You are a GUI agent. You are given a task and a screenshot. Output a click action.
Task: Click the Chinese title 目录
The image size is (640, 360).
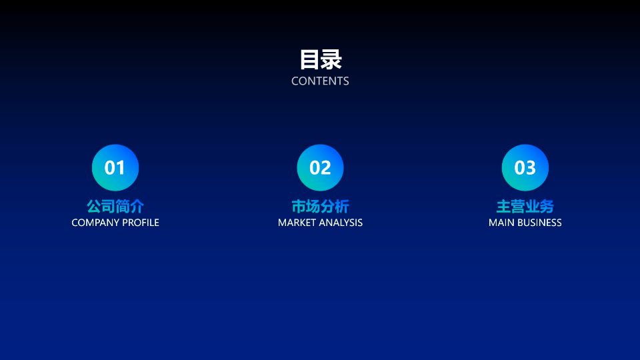(x=320, y=59)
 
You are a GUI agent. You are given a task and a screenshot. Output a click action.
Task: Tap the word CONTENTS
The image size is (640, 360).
(x=320, y=81)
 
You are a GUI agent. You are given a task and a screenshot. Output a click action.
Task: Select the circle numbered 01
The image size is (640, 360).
(x=115, y=167)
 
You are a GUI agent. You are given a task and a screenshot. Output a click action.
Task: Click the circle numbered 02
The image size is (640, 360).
(x=320, y=167)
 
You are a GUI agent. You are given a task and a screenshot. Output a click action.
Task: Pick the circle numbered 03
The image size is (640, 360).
(x=525, y=167)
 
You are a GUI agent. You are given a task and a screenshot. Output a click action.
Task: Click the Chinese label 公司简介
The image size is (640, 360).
(x=115, y=206)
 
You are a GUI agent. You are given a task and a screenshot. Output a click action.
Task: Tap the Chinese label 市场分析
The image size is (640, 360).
(x=320, y=206)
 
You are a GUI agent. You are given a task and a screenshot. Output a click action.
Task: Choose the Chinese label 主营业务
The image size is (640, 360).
(x=525, y=206)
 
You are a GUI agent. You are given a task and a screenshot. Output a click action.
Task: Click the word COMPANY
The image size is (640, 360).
(x=95, y=223)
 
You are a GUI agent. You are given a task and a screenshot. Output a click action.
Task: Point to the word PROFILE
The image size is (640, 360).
(x=141, y=223)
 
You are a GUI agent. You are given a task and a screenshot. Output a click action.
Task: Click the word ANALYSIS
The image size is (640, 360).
(x=342, y=223)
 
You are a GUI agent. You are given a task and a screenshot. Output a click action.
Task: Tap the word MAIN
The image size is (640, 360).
(x=501, y=223)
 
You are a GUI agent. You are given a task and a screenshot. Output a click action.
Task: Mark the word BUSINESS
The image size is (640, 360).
(x=539, y=223)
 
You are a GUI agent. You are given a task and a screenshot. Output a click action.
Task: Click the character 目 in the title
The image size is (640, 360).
(x=309, y=59)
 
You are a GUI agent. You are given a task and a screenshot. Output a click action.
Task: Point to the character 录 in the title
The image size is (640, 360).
(x=331, y=59)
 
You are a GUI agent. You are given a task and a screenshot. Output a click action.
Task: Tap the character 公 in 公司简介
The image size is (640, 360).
(x=94, y=206)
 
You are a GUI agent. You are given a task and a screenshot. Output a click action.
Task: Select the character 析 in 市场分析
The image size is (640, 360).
(x=342, y=206)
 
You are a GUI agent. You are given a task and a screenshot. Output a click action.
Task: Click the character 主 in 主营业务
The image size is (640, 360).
(x=503, y=206)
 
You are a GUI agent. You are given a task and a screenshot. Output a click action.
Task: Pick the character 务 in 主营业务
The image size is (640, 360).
(x=547, y=206)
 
